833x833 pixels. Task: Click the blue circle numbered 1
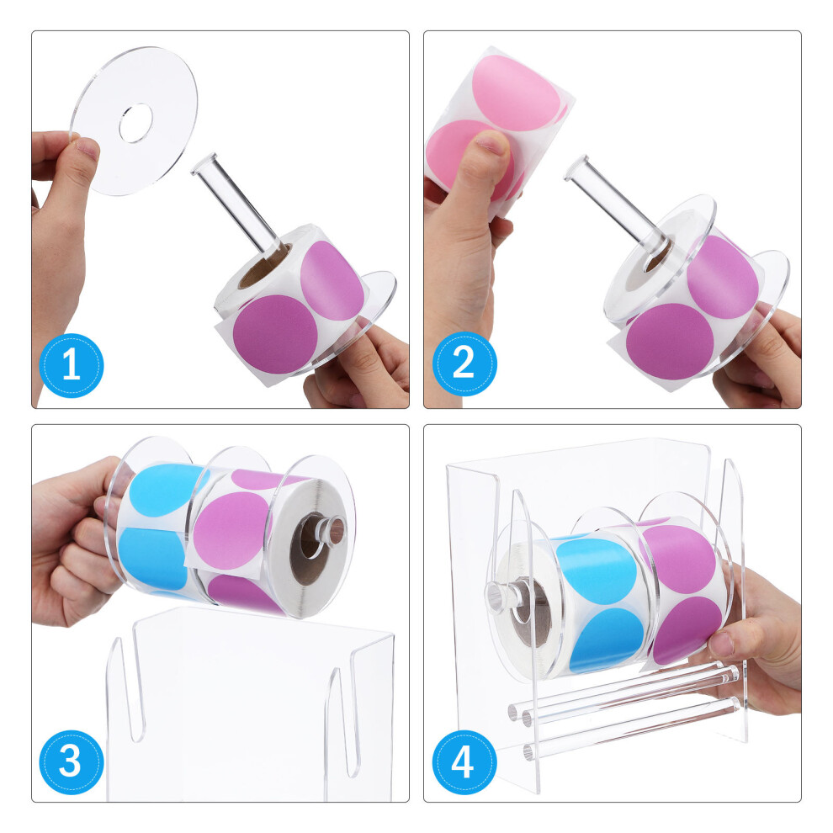[72, 365]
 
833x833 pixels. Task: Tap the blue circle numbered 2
[464, 363]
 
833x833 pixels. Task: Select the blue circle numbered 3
[72, 761]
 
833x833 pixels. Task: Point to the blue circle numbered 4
[464, 762]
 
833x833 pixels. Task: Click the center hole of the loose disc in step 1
[136, 123]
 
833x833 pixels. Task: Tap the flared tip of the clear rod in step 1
[204, 162]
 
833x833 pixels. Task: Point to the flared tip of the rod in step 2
[577, 167]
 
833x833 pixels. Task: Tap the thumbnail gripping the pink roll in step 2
[491, 142]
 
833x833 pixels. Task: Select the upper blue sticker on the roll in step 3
[166, 490]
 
